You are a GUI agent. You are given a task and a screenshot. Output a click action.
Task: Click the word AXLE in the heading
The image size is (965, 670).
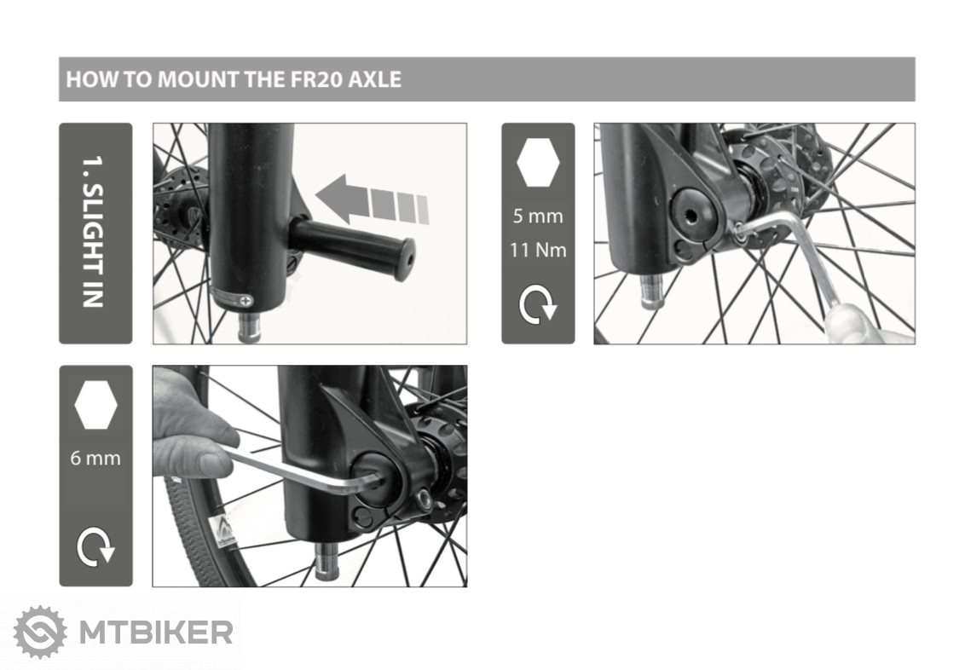375,79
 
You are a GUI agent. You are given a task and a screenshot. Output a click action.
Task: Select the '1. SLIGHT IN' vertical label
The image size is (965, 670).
94,232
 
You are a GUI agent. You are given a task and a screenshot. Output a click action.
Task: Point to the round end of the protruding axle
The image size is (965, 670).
404,260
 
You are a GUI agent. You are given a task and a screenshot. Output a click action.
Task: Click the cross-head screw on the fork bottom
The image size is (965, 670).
246,300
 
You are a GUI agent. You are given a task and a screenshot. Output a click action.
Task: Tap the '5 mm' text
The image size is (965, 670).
538,216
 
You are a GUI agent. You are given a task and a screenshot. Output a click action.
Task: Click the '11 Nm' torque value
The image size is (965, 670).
538,250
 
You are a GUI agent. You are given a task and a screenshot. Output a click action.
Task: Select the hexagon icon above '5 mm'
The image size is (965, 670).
538,162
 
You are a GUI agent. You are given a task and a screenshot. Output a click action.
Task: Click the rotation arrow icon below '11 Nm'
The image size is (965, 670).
538,304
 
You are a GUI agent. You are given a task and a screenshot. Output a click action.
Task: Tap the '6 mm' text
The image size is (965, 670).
95,458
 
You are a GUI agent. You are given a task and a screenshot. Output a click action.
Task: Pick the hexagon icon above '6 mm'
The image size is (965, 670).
95,404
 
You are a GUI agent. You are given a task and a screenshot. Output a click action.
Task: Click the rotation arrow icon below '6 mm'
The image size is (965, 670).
95,546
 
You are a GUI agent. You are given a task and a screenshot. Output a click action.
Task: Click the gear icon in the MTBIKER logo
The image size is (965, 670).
41,632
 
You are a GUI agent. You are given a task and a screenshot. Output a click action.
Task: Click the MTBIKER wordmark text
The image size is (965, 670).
156,632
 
